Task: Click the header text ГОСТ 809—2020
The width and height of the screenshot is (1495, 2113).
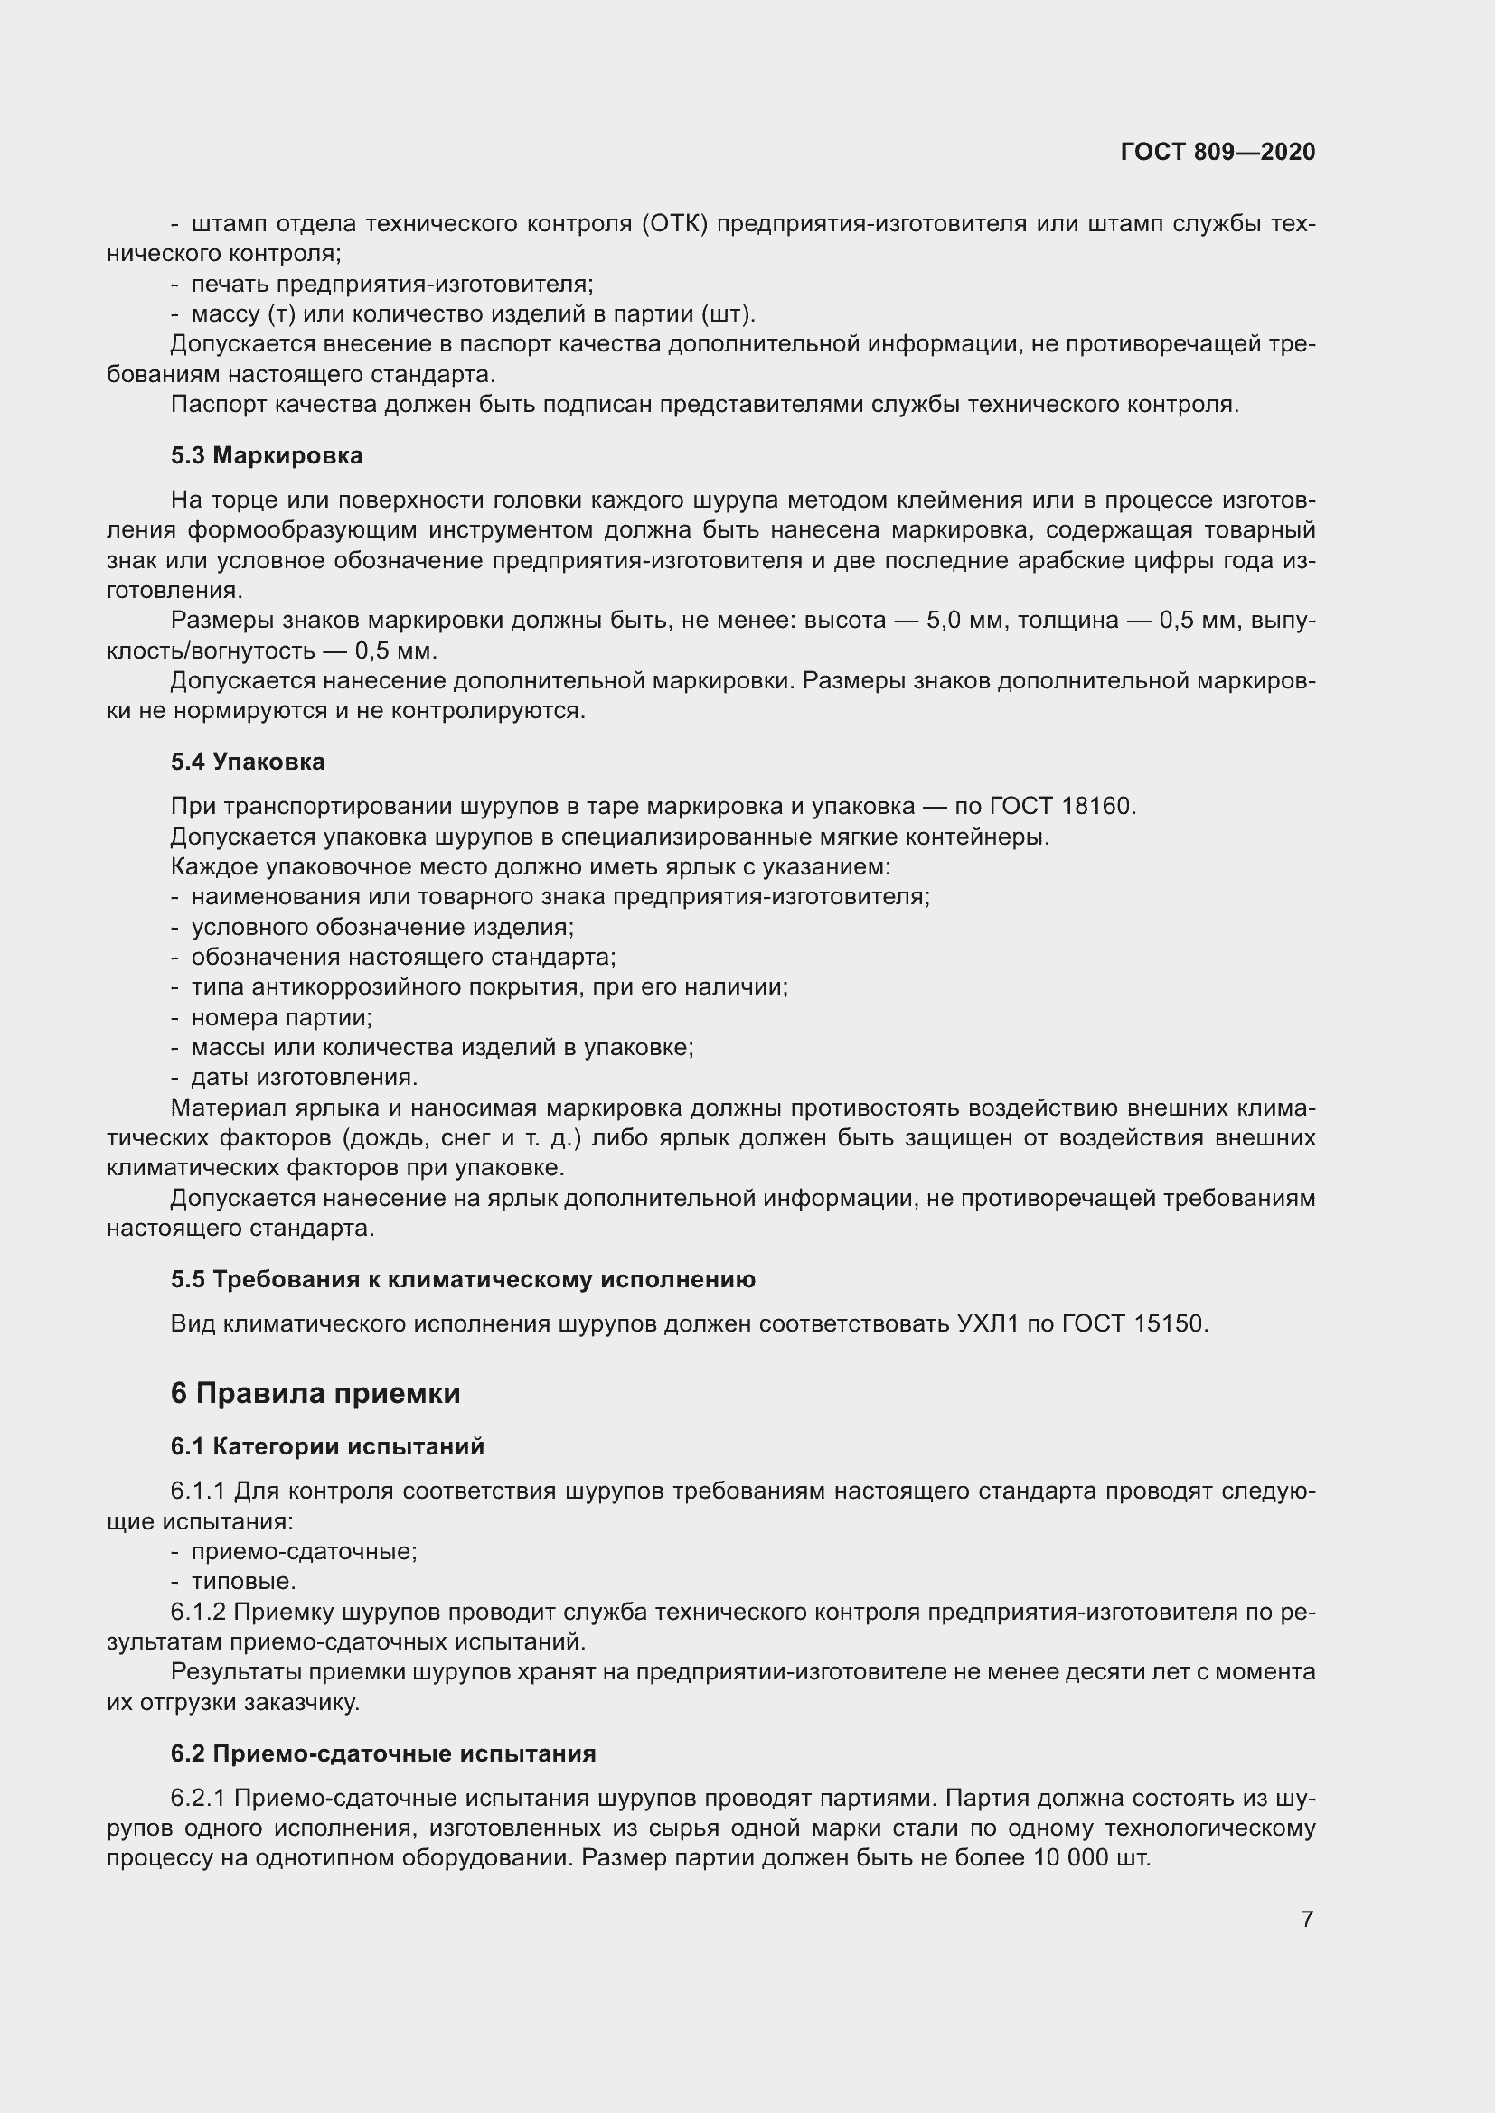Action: [1217, 152]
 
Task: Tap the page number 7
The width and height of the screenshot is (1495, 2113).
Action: [1307, 1919]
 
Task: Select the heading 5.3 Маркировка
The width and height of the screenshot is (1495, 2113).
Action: [267, 455]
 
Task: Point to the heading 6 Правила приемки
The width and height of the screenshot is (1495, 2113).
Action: [315, 1393]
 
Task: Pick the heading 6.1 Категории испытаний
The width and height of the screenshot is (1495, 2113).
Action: [327, 1446]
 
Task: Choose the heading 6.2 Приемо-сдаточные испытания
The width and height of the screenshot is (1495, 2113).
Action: [383, 1753]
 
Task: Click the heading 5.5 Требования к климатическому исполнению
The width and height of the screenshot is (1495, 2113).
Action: [462, 1279]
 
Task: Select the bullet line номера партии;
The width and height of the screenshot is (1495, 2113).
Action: [281, 1018]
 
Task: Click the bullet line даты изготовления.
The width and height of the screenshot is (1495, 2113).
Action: [304, 1078]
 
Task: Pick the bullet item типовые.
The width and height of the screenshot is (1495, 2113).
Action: [244, 1581]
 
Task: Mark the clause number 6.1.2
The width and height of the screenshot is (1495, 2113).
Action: [198, 1612]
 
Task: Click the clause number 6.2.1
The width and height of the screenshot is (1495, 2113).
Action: [198, 1798]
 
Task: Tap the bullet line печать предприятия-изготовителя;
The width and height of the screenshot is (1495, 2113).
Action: [392, 285]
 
